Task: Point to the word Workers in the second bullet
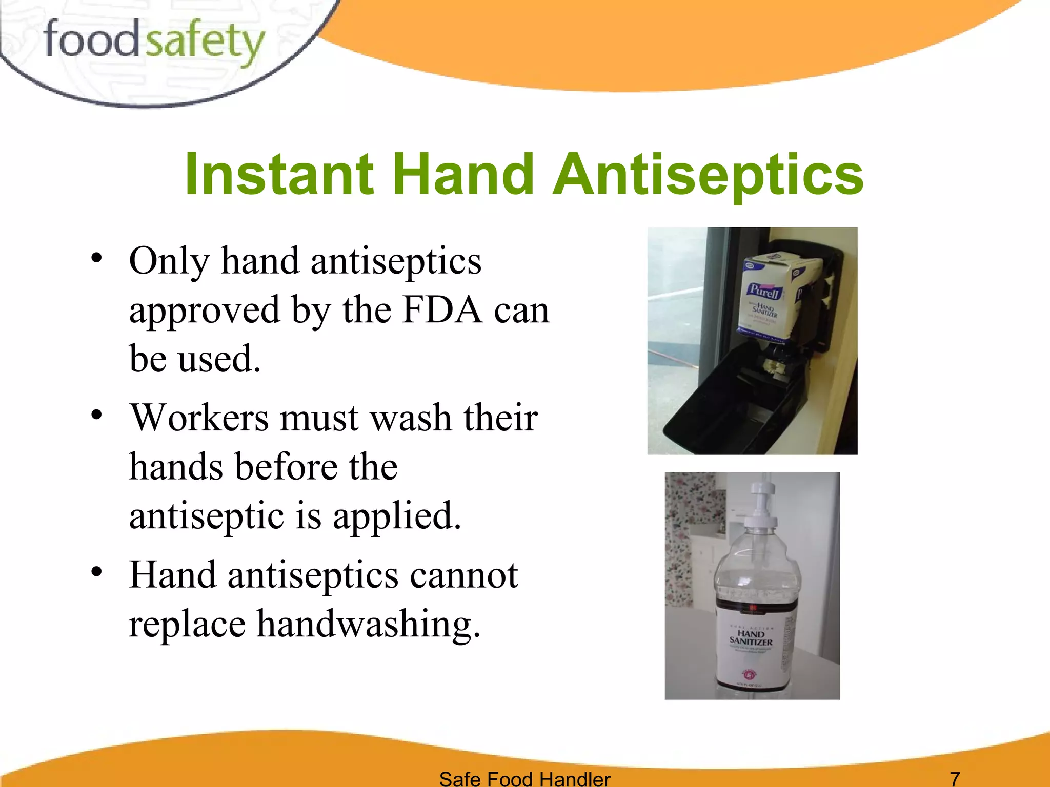click(199, 418)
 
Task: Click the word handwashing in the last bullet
click(369, 624)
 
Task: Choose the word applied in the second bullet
click(397, 515)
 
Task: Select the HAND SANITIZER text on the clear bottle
click(751, 638)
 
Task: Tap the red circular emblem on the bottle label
click(748, 675)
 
